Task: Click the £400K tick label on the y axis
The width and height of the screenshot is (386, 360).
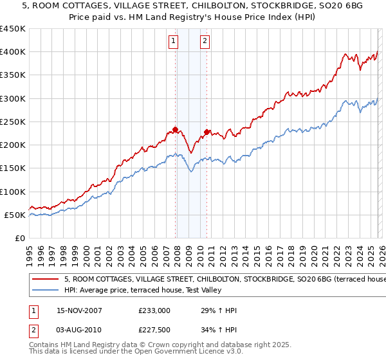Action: click(x=12, y=52)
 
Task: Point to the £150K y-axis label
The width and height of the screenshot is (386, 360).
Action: click(x=12, y=168)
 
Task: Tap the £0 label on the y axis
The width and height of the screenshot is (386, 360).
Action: click(x=19, y=238)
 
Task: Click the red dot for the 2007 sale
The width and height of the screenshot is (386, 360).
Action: click(x=176, y=130)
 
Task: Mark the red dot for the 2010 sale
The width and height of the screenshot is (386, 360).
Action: click(x=207, y=132)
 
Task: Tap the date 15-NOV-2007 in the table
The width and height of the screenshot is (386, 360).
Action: click(x=79, y=310)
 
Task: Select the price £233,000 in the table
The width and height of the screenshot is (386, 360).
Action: click(x=154, y=310)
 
